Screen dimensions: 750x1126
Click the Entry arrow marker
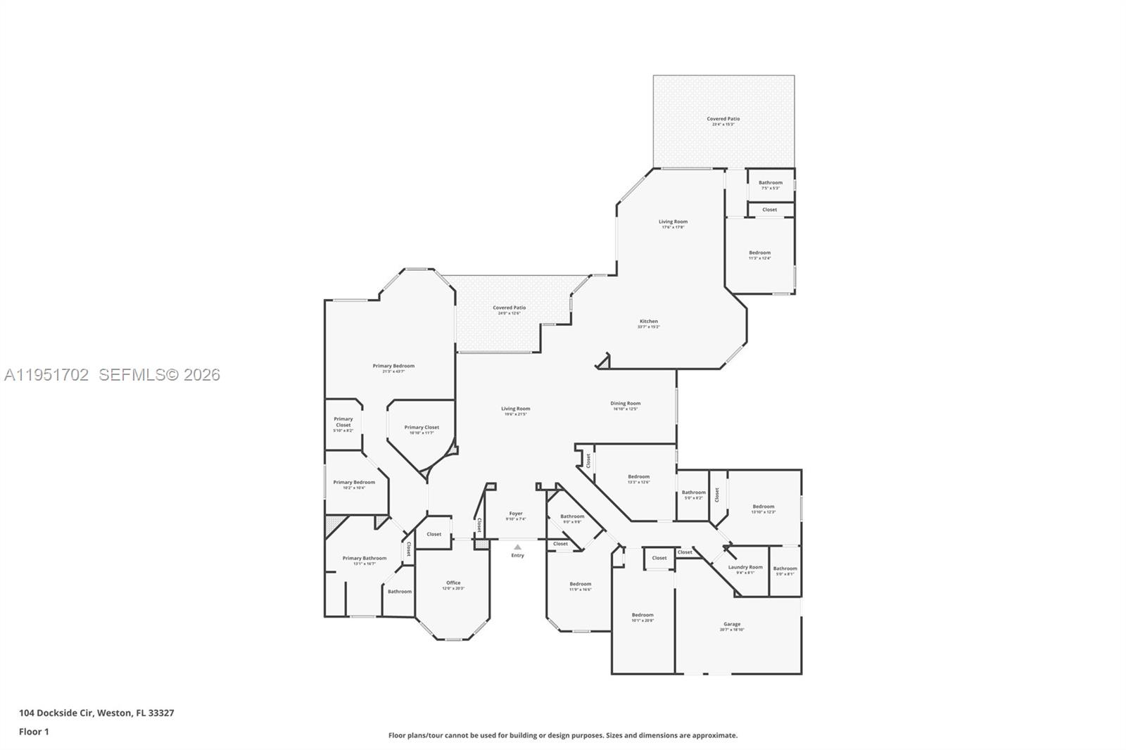[x=517, y=547]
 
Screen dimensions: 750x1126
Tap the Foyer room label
[x=516, y=514]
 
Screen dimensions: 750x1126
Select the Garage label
[x=732, y=624]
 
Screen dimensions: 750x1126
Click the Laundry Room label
[x=745, y=567]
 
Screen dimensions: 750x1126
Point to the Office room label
[x=453, y=583]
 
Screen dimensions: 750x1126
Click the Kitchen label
[x=648, y=322]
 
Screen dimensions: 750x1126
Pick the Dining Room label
[x=625, y=404]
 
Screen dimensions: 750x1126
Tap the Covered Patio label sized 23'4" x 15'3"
[x=723, y=119]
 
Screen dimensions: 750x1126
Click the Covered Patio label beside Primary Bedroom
[x=509, y=307]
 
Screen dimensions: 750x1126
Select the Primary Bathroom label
[x=365, y=558]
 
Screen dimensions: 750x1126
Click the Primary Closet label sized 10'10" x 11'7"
[x=422, y=427]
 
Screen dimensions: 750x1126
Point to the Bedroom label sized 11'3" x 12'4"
[x=759, y=253]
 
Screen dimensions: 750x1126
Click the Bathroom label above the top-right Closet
[x=771, y=182]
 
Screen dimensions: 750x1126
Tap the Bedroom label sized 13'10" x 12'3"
[x=764, y=507]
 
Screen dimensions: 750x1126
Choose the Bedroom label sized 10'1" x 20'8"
[x=643, y=615]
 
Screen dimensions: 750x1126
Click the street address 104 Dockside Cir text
[x=96, y=713]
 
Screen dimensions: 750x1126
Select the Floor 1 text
[x=34, y=732]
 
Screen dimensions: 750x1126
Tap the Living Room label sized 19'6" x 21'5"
[x=515, y=409]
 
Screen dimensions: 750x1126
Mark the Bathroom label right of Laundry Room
[x=785, y=568]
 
